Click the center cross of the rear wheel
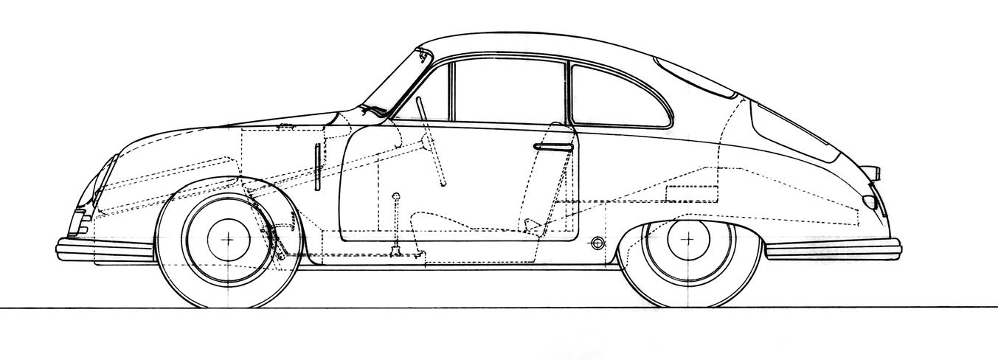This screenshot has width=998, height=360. (x=689, y=238)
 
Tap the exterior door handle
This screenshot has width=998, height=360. (x=553, y=147)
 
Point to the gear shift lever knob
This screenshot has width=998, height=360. (x=397, y=196)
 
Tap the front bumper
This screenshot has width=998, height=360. (x=103, y=248)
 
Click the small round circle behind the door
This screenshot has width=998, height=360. (x=597, y=243)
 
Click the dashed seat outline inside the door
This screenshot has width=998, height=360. (x=443, y=221)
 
